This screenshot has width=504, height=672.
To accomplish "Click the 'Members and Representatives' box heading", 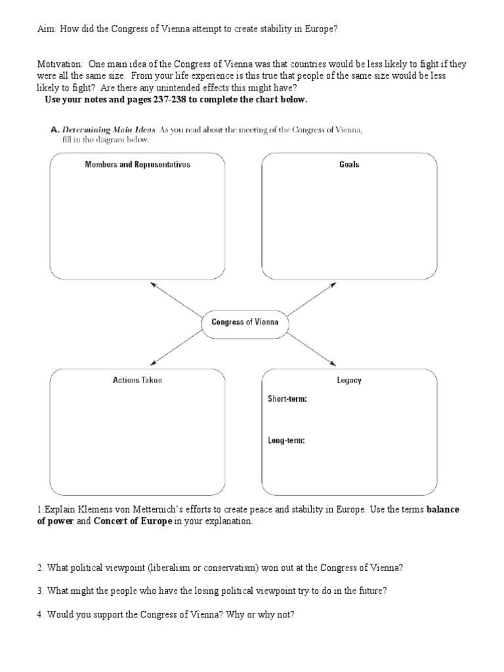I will tap(137, 165).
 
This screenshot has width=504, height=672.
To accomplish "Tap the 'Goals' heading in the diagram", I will tap(349, 165).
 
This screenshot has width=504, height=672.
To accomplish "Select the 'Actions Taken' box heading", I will tap(137, 380).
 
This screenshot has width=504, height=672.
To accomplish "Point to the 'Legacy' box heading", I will tap(349, 380).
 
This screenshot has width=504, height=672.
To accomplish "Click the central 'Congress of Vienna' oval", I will tap(244, 322).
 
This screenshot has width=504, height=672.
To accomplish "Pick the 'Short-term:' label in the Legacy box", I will tap(287, 399).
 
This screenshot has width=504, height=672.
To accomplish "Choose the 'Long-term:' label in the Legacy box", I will tap(286, 440).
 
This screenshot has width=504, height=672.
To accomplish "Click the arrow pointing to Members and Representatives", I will tap(176, 300).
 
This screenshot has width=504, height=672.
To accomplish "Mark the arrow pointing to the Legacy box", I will tap(312, 346).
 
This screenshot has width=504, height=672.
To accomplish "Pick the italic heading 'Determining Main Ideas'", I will tap(108, 130).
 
